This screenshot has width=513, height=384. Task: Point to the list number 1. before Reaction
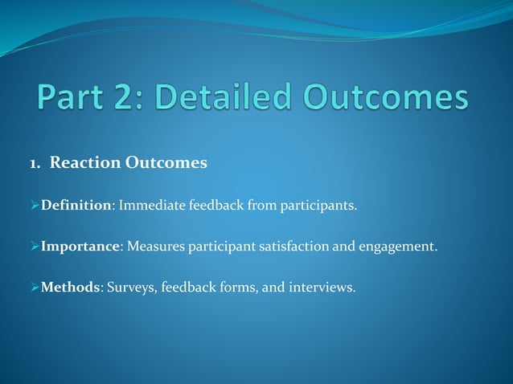point(35,163)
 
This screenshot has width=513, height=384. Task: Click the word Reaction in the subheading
point(84,163)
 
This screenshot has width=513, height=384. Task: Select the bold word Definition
point(76,206)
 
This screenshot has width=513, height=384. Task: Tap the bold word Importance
point(80,247)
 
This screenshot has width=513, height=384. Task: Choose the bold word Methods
point(70,287)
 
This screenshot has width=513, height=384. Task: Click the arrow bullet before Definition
point(35,206)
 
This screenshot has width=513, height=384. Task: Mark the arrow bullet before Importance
point(35,247)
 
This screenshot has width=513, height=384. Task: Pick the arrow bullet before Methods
point(35,287)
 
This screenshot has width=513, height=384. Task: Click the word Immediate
point(151,206)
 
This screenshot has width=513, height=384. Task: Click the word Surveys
point(132,287)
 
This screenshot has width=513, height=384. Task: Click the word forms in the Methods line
point(236,287)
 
